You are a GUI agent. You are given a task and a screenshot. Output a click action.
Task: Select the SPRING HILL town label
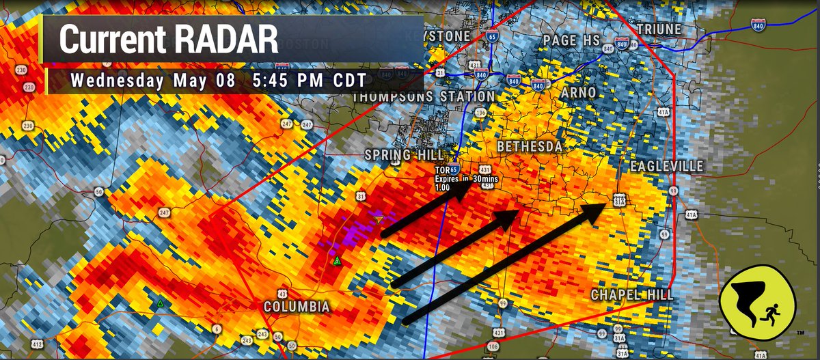click(404, 155)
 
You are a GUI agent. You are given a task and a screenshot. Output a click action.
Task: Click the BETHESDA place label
click(530, 147)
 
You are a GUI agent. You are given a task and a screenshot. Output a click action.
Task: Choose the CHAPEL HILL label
click(632, 294)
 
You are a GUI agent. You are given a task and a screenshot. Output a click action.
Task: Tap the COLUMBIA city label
click(297, 307)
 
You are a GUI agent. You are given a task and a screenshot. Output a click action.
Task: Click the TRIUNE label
click(659, 29)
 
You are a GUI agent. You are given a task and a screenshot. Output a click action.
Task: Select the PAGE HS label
click(571, 41)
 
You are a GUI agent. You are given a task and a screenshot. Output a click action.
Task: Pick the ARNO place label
click(578, 92)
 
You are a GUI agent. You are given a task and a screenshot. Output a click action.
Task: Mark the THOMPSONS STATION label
click(423, 97)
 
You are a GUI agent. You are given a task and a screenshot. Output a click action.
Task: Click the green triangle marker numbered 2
click(336, 261)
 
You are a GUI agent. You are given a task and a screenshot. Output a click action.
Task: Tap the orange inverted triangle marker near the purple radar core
click(379, 219)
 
